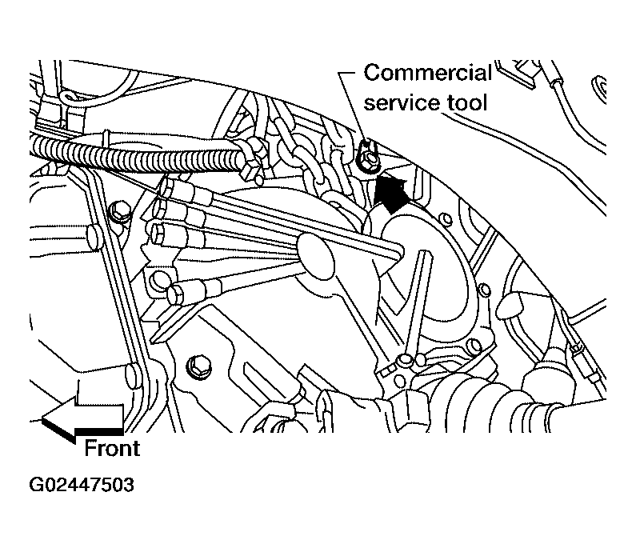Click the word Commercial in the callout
[x=427, y=73]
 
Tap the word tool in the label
[x=467, y=102]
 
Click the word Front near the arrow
[x=112, y=448]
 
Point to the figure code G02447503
[x=82, y=485]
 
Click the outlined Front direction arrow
[x=82, y=419]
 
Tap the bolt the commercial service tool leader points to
[x=367, y=158]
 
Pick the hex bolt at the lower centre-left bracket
[x=198, y=366]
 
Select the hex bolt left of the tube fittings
[x=120, y=211]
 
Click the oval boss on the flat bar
[x=315, y=256]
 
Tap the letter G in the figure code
[x=36, y=485]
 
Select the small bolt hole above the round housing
[x=446, y=219]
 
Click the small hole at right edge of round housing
[x=484, y=290]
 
